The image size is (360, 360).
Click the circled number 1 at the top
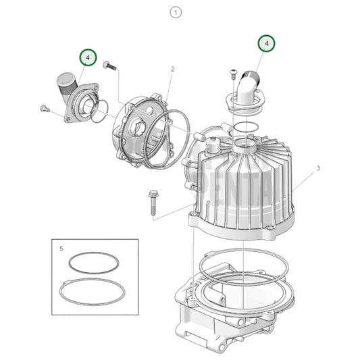(x=177, y=12)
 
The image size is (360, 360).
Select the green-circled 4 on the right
(x=267, y=43)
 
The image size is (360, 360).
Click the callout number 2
(x=172, y=69)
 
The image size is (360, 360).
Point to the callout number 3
(x=317, y=167)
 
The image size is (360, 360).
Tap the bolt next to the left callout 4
(x=110, y=66)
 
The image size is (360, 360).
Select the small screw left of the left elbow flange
(x=45, y=107)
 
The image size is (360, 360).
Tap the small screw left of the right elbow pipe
(x=233, y=72)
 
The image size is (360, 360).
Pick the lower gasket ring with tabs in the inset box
(x=92, y=291)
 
